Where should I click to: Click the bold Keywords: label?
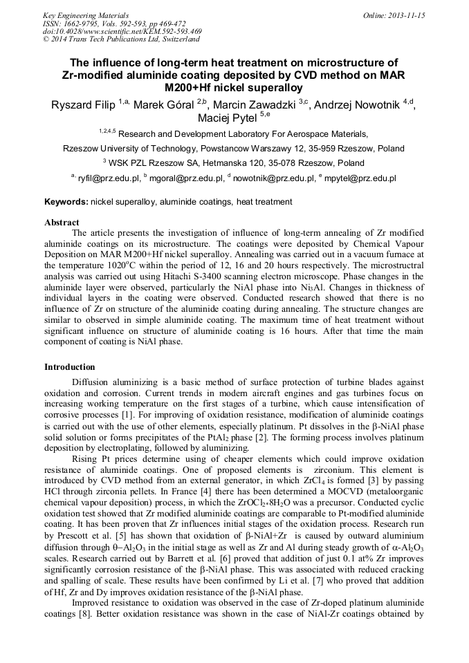(66, 202)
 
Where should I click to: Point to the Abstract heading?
(62, 223)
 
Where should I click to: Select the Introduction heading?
(70, 366)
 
